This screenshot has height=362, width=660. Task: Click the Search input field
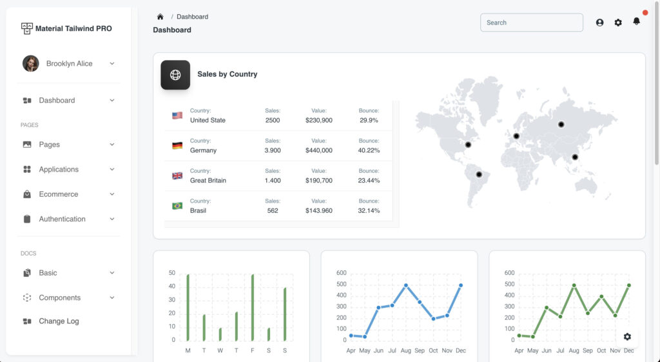[x=531, y=23]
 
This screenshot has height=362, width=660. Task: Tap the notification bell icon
[x=636, y=21]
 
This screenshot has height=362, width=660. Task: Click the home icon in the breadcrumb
[x=160, y=17]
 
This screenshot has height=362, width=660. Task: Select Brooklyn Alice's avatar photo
[x=30, y=63]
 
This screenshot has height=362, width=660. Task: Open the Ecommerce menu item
[x=59, y=194]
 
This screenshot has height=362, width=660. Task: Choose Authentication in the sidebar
[x=62, y=219]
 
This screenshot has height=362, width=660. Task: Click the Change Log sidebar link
[x=59, y=321]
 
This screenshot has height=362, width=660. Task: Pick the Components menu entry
[x=59, y=297]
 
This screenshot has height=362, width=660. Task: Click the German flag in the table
[x=177, y=146]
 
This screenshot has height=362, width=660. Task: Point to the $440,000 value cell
[x=319, y=150]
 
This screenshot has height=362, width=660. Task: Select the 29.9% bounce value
[x=369, y=120]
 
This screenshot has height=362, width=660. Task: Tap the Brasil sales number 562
[x=273, y=210]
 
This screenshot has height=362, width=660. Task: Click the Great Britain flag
[x=177, y=176]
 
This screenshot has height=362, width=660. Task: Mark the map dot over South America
[x=479, y=174]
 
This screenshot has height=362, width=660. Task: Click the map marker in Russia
[x=561, y=124]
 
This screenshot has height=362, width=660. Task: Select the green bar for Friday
[x=253, y=307]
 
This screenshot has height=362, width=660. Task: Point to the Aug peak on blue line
[x=406, y=285]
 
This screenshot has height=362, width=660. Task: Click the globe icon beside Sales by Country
[x=175, y=75]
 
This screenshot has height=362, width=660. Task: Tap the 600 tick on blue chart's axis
[x=342, y=273]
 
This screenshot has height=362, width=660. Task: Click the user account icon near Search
[x=599, y=23]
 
